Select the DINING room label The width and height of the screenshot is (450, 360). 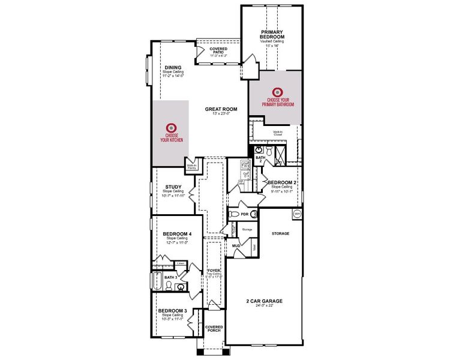(x=173, y=67)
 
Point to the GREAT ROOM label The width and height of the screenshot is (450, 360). (x=221, y=109)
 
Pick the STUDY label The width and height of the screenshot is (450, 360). (x=173, y=187)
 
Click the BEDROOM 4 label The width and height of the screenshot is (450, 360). (x=177, y=233)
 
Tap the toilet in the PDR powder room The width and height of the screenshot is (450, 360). (x=254, y=214)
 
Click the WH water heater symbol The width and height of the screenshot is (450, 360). (x=296, y=214)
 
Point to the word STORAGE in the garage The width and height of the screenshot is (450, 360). (x=280, y=233)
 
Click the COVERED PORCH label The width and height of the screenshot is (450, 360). (x=214, y=329)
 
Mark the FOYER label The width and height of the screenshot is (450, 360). (x=214, y=271)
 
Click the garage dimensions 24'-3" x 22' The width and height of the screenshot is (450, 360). (x=264, y=305)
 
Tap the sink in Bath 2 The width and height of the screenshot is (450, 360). (x=259, y=149)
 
